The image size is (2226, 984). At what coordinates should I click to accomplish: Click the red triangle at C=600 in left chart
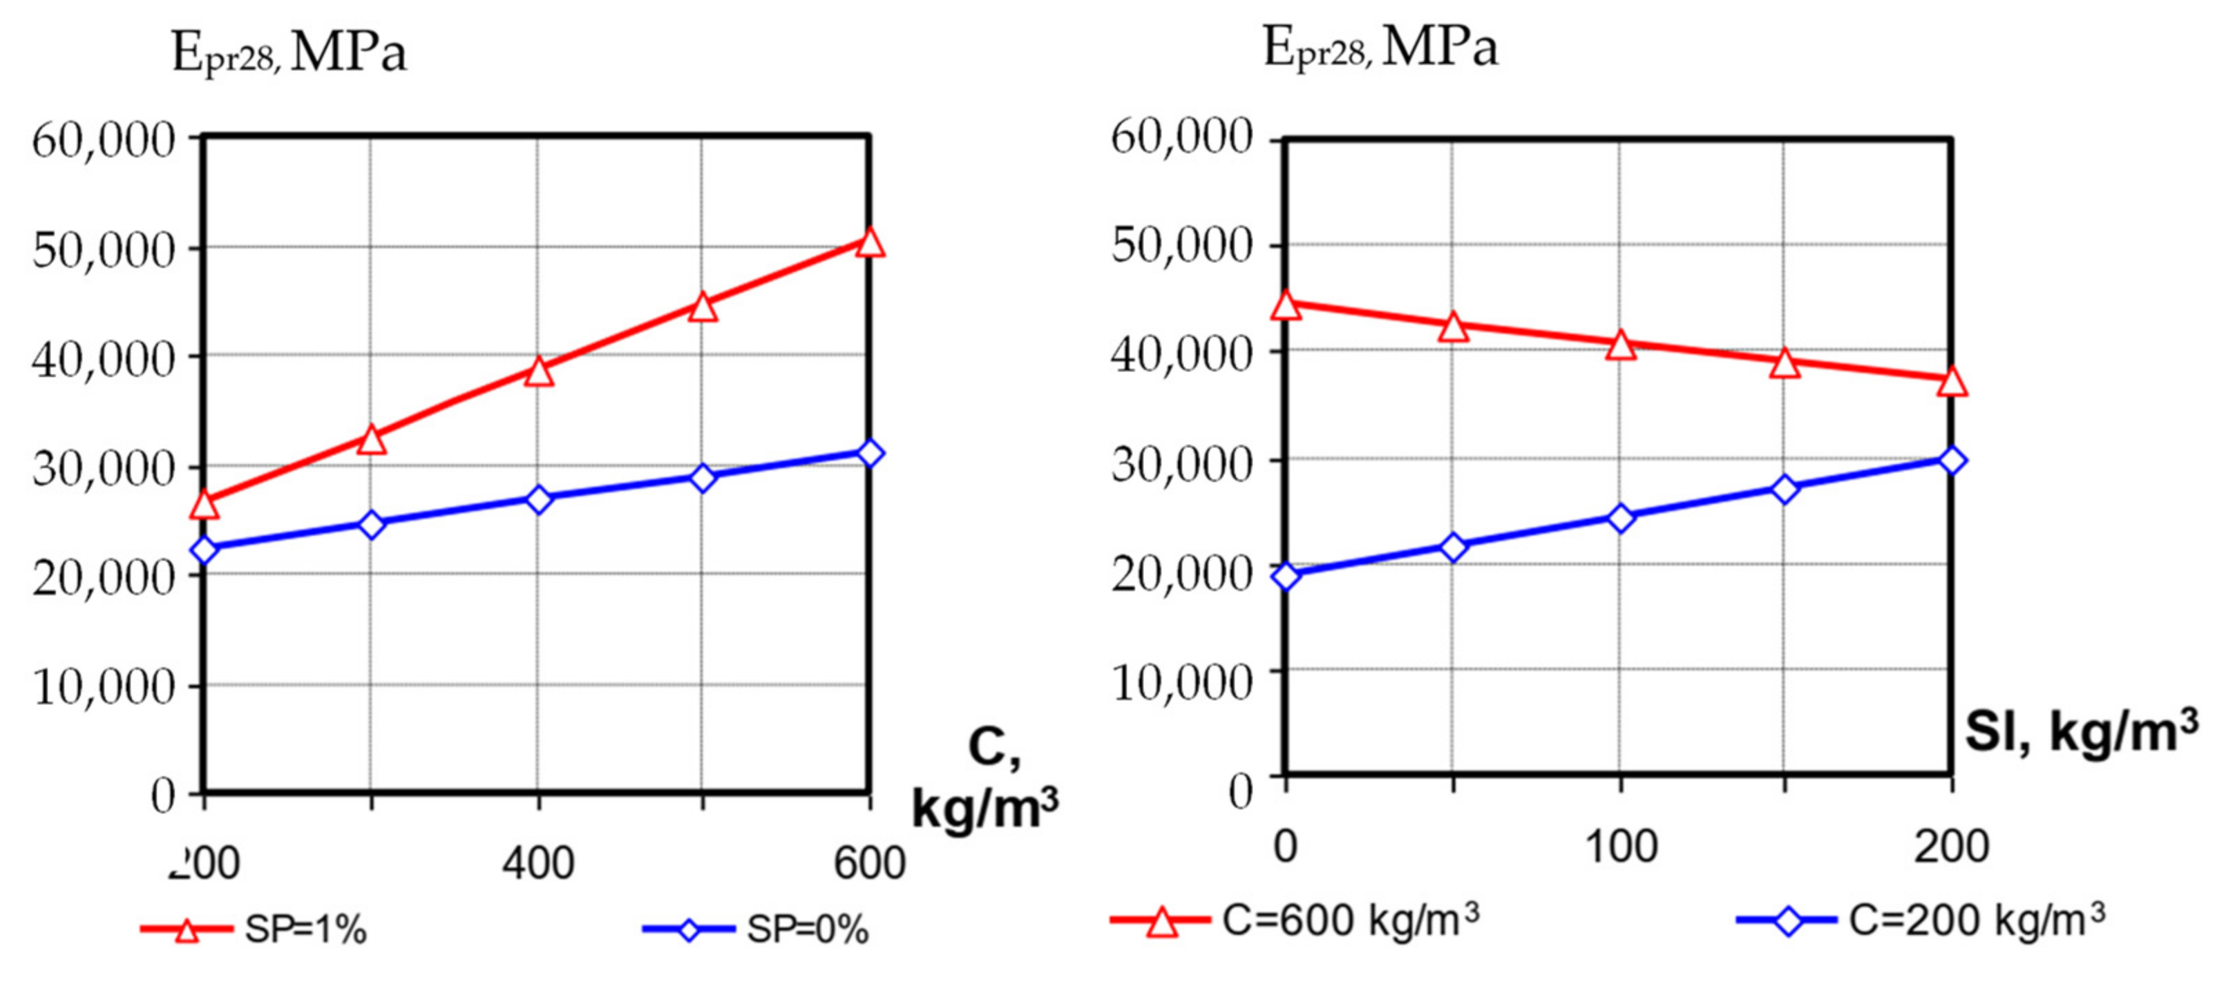point(869,243)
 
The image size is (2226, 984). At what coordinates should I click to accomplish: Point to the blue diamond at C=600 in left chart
point(869,453)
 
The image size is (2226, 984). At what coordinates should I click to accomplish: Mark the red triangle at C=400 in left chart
point(538,372)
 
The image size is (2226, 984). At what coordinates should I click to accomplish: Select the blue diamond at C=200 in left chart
point(204,550)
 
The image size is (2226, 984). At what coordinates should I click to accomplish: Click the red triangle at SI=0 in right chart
point(1286,305)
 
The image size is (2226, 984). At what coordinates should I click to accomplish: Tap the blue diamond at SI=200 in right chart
point(1951,461)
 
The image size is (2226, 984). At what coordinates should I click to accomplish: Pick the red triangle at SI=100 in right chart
point(1620,345)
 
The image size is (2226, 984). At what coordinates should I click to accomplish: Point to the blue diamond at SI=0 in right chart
point(1286,576)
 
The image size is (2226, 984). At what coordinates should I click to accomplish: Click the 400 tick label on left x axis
point(538,863)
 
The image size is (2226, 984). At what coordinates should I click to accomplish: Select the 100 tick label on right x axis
point(1620,847)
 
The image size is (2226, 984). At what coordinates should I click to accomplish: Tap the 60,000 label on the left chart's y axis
point(104,140)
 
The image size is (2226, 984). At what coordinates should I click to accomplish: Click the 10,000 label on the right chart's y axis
point(1181,682)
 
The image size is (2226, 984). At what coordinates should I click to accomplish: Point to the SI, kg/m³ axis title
point(2081,733)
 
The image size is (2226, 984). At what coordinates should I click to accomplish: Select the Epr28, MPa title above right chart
point(1380,48)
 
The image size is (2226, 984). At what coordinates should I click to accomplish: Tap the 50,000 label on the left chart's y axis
point(104,251)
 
